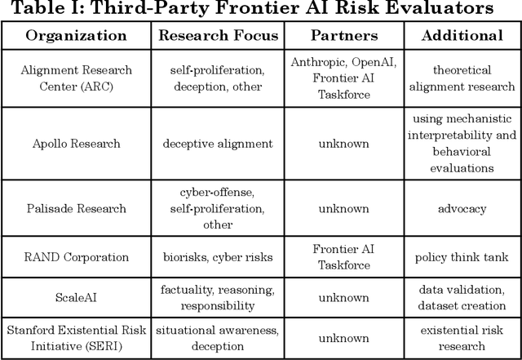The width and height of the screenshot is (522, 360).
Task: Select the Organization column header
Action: pyautogui.click(x=77, y=36)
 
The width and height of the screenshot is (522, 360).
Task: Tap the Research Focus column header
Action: pyautogui.click(x=218, y=36)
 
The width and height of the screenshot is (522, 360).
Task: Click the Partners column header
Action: pyautogui.click(x=343, y=36)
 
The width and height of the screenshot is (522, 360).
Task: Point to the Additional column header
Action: pyautogui.click(x=463, y=36)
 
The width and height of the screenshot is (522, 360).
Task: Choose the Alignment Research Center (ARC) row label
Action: pyautogui.click(x=77, y=78)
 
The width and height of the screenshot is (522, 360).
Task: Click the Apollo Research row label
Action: pyautogui.click(x=77, y=144)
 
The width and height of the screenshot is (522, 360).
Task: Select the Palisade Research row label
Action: pyautogui.click(x=77, y=208)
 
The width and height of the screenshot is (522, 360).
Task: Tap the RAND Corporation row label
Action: pyautogui.click(x=77, y=257)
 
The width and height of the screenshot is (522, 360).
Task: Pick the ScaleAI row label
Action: pyautogui.click(x=77, y=298)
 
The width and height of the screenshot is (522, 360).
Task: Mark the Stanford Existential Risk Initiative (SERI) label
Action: pyautogui.click(x=77, y=338)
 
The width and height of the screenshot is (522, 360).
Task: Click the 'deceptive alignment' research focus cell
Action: pyautogui.click(x=218, y=144)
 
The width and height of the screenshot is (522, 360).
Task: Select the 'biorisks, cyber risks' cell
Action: pyautogui.click(x=218, y=257)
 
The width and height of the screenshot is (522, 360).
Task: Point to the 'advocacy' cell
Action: pyautogui.click(x=463, y=208)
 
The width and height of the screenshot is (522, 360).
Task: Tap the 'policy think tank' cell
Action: pyautogui.click(x=463, y=257)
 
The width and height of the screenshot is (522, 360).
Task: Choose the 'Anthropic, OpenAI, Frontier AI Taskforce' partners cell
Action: pyautogui.click(x=343, y=78)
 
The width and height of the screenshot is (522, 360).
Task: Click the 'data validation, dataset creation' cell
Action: pyautogui.click(x=463, y=298)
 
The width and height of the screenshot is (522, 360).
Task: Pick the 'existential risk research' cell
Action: pyautogui.click(x=463, y=338)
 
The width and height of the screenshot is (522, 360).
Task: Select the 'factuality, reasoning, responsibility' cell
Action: pyautogui.click(x=218, y=298)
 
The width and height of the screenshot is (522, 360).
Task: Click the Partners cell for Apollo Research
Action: pyautogui.click(x=343, y=144)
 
